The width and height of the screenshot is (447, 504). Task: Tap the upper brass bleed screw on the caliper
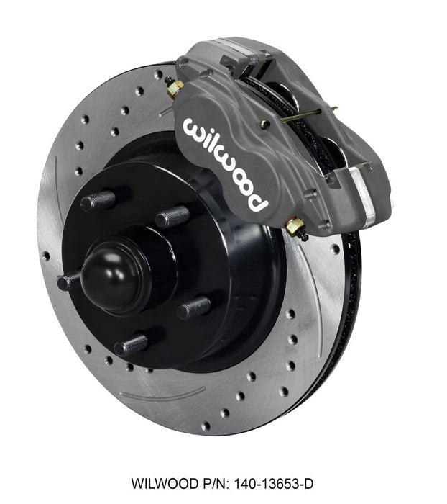pyautogui.click(x=175, y=89)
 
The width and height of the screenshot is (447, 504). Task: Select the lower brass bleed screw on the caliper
pyautogui.click(x=294, y=228)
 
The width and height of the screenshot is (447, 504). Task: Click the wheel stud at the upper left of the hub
pyautogui.click(x=98, y=201)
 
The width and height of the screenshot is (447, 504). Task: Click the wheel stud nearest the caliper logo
pyautogui.click(x=172, y=215)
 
